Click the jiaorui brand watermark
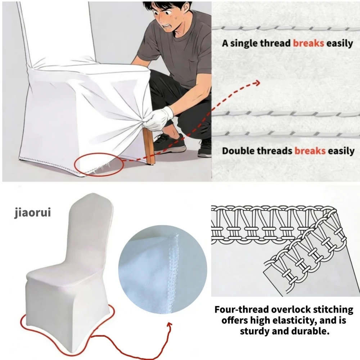click(32, 212)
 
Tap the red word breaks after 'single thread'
click(309, 44)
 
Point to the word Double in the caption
click(238, 150)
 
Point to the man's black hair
click(167, 5)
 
